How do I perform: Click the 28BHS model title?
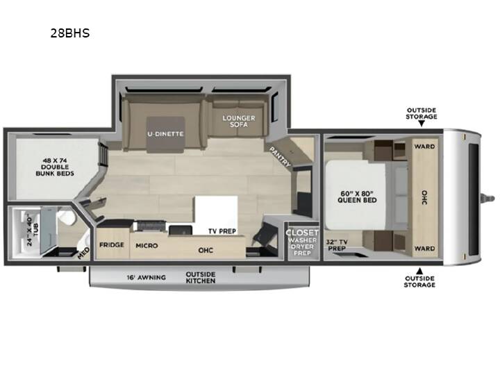[x=70, y=33]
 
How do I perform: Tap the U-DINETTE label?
[x=165, y=134]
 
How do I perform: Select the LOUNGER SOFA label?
[x=239, y=121]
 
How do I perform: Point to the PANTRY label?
[x=280, y=156]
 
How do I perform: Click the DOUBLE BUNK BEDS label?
[x=55, y=167]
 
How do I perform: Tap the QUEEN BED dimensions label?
[x=357, y=197]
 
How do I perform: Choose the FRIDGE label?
[x=112, y=245]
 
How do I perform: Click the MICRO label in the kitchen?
[x=147, y=246]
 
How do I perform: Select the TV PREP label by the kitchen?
[x=222, y=231]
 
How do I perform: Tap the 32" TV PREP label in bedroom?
[x=337, y=245]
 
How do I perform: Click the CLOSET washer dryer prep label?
[x=302, y=242]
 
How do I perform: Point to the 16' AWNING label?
[x=146, y=277]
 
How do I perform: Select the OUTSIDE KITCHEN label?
[x=201, y=277]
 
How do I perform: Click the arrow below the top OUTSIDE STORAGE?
[x=422, y=124]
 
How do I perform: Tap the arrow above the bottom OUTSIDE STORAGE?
[x=419, y=271]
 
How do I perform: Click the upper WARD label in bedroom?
[x=424, y=147]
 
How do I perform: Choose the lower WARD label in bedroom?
[x=424, y=249]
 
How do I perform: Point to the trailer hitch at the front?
[x=488, y=198]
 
